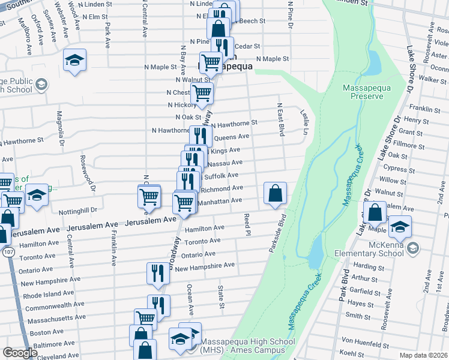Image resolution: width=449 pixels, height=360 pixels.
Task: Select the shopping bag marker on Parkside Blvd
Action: (x=274, y=194)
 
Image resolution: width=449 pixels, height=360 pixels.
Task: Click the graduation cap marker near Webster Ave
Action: (x=75, y=61)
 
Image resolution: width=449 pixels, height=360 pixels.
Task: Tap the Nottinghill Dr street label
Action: (x=78, y=211)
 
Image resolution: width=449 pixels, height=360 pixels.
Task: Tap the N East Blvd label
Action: (x=280, y=118)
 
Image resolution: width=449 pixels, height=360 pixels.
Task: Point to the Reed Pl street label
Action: (x=246, y=224)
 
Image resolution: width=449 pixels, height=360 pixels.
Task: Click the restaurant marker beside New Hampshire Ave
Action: (x=157, y=273)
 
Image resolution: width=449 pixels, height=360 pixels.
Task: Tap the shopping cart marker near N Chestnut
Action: (x=202, y=93)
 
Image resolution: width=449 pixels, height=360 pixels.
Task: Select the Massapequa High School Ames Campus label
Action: (x=247, y=346)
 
